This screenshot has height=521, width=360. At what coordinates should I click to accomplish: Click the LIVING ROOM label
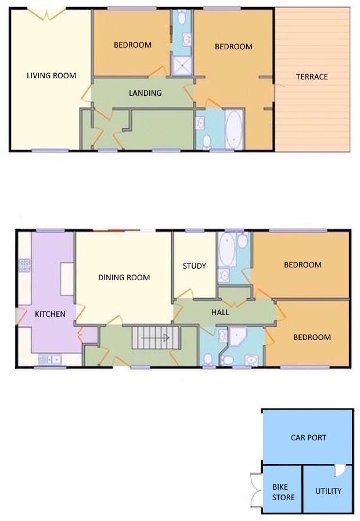(x=52, y=75)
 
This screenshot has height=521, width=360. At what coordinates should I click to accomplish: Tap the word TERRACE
(x=312, y=77)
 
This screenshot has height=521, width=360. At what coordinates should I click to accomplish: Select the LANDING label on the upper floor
(x=145, y=93)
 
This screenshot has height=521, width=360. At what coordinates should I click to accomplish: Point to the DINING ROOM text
(x=124, y=277)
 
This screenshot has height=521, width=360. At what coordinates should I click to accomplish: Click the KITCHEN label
(x=51, y=314)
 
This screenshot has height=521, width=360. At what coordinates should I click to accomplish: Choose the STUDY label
(x=195, y=266)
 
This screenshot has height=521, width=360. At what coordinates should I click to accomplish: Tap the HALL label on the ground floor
(x=220, y=312)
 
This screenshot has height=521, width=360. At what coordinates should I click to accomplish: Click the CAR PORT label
(x=308, y=437)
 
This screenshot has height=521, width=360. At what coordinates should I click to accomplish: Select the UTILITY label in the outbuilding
(x=328, y=491)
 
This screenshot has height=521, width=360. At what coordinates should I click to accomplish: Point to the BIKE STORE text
(x=283, y=493)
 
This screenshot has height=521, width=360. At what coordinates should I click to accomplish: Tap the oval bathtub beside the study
(x=226, y=249)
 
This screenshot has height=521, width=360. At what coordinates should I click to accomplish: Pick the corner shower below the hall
(x=238, y=338)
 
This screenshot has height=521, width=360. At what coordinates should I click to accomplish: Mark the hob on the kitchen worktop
(x=26, y=265)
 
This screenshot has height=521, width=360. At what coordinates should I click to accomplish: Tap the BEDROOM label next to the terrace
(x=233, y=46)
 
